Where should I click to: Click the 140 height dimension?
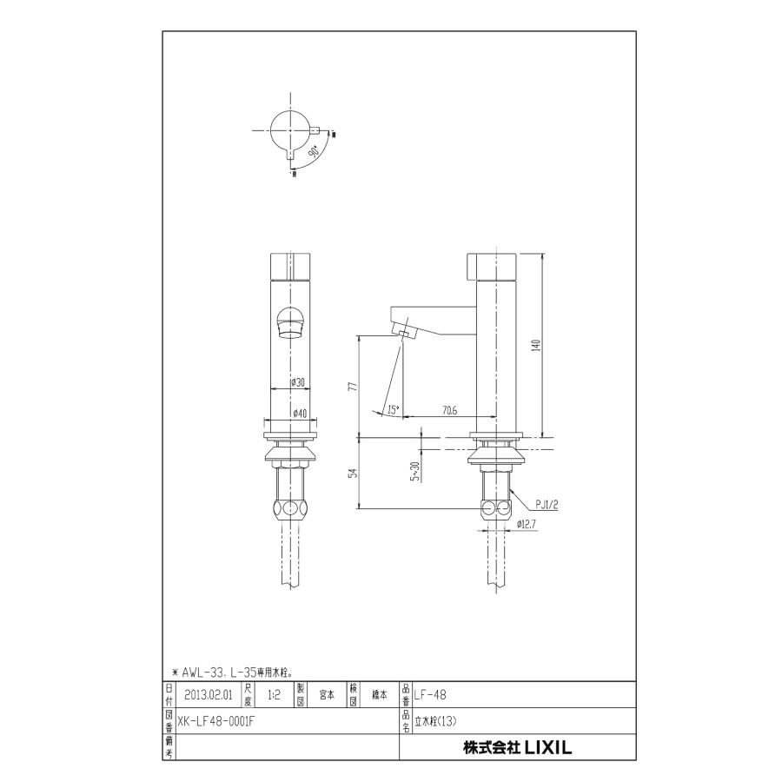537,345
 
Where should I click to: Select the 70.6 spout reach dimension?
449,410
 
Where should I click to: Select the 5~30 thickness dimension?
417,470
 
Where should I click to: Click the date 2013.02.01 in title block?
209,694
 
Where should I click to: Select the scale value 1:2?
274,694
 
